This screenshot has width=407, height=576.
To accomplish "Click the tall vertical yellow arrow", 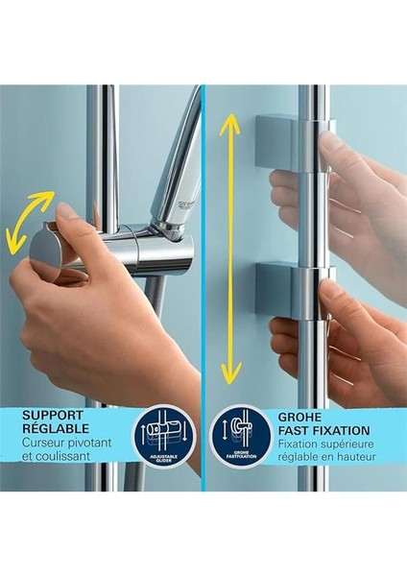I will point(228,248).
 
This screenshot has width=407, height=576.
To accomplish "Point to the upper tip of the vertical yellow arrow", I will point(228,115).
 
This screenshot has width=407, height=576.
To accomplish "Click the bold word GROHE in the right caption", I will point(303,417).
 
